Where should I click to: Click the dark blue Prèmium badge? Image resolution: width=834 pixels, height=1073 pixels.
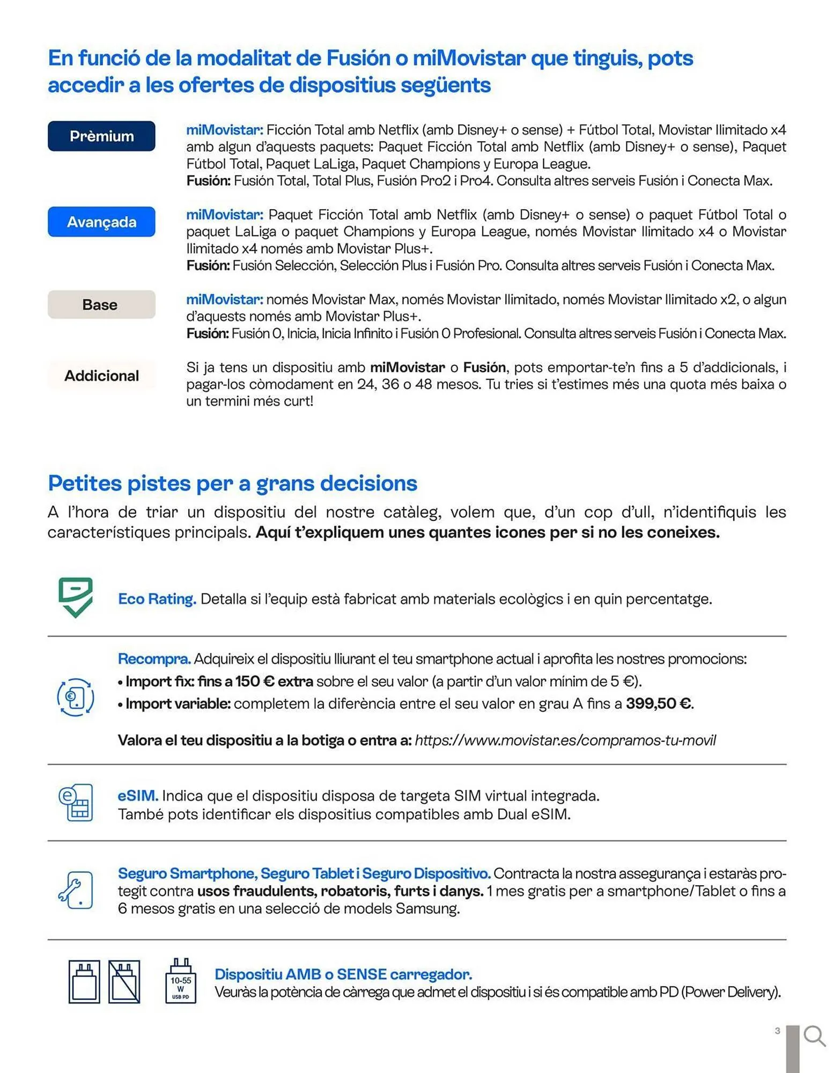click(x=101, y=136)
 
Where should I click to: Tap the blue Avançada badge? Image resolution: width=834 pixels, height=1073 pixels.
click(x=101, y=222)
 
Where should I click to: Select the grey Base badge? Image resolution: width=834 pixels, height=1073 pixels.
click(x=101, y=305)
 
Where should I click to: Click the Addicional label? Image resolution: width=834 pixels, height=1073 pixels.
click(x=101, y=376)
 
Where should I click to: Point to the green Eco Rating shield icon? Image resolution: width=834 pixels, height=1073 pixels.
click(x=76, y=597)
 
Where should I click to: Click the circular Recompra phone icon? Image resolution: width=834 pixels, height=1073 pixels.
click(x=76, y=697)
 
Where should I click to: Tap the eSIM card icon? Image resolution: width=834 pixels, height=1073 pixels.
click(x=76, y=803)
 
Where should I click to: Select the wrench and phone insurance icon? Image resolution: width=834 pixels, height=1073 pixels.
click(x=76, y=890)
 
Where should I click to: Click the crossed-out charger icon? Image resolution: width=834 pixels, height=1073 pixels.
click(x=124, y=981)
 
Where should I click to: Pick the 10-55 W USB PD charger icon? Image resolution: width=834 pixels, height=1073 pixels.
click(x=181, y=981)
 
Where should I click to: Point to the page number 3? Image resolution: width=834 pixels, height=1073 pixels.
click(x=777, y=1031)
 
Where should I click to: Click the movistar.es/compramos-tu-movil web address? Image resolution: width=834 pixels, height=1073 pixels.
click(x=565, y=740)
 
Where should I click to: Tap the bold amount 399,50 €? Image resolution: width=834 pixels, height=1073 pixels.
click(x=659, y=703)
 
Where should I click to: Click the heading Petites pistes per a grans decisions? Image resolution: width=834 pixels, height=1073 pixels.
click(x=232, y=483)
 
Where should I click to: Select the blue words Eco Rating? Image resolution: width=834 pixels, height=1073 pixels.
click(x=157, y=599)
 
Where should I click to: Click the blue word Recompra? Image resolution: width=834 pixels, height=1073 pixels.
click(x=154, y=659)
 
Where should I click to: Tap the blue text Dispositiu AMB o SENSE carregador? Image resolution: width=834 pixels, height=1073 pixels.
click(x=343, y=974)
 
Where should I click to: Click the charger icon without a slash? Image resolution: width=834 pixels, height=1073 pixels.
click(x=84, y=981)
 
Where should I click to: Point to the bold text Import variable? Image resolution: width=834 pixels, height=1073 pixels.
click(x=178, y=703)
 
